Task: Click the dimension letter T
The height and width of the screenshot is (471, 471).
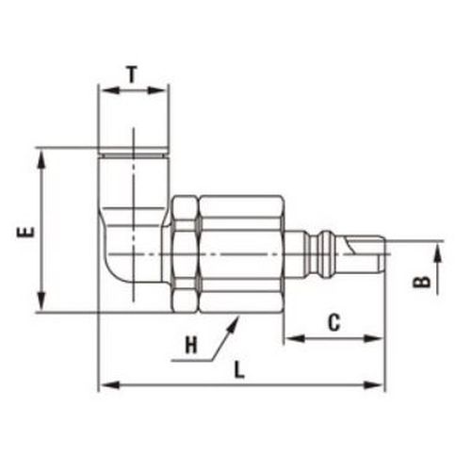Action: pyautogui.click(x=133, y=74)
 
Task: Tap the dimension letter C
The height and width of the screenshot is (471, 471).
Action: pyautogui.click(x=334, y=322)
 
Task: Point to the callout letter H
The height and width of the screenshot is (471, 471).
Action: pyautogui.click(x=191, y=345)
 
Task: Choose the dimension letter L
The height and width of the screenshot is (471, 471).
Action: pyautogui.click(x=239, y=370)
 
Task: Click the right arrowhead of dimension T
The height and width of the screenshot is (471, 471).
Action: pyautogui.click(x=156, y=90)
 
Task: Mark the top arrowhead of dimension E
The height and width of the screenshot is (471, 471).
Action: pyautogui.click(x=41, y=159)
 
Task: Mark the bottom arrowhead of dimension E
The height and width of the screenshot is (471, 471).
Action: pyautogui.click(x=41, y=300)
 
